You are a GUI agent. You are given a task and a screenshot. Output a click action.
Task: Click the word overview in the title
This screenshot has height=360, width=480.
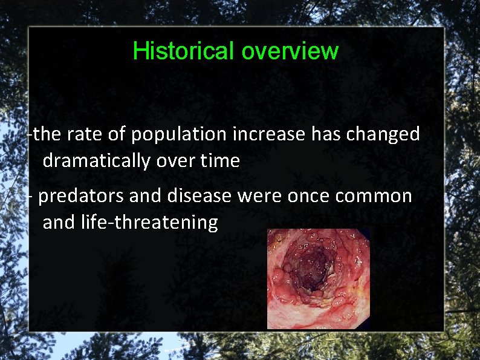(290, 51)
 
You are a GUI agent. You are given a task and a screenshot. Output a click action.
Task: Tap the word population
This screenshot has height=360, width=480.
(179, 135)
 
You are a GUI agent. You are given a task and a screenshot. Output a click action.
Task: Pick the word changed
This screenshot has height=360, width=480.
(383, 134)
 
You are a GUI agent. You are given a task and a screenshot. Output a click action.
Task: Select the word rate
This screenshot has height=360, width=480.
(81, 134)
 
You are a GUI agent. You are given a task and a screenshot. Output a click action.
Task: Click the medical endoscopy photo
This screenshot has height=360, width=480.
(319, 279)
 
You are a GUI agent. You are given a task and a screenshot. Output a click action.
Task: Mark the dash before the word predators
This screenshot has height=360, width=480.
(31, 197)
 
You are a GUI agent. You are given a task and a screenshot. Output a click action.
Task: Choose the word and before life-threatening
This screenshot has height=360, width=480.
(59, 223)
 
